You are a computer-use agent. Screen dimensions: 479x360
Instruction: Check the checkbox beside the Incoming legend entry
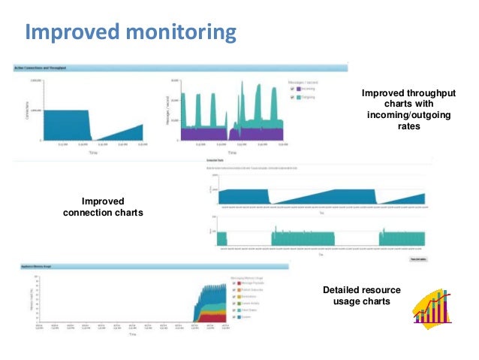click(293, 88)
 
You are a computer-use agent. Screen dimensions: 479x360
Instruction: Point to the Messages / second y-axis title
click(167, 109)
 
